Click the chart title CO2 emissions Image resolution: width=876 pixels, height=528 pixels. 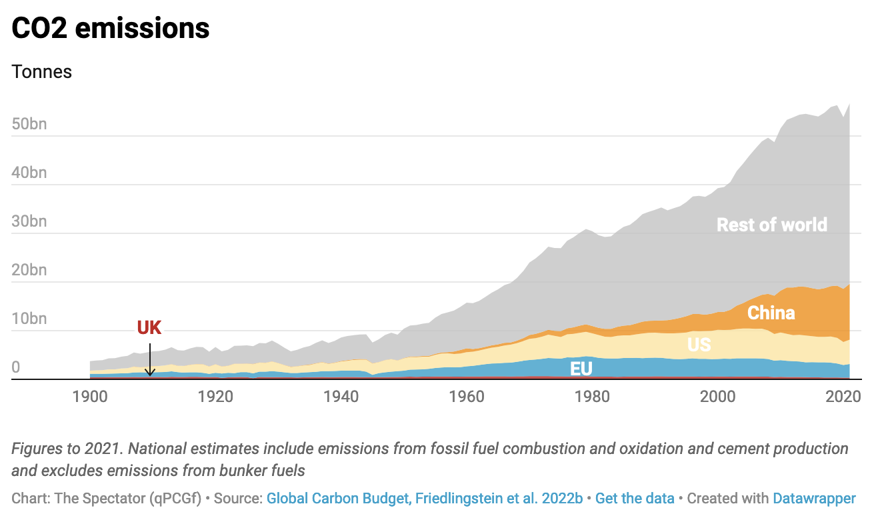pos(111,28)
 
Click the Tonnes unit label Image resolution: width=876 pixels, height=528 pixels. pos(42,72)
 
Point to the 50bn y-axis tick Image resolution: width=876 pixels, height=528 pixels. pos(29,124)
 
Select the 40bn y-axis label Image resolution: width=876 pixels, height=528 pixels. pos(29,173)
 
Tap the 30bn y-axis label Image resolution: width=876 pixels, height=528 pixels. pos(29,221)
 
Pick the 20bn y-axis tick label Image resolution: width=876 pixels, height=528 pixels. pos(29,270)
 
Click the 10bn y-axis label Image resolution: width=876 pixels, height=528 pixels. pos(29,319)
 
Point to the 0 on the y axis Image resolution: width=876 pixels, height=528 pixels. pos(16,367)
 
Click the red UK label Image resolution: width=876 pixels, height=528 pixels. pos(149,327)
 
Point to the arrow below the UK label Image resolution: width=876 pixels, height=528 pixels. pos(150,360)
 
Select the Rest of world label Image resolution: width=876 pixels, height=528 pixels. pos(771,225)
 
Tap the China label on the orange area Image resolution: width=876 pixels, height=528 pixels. pos(771,313)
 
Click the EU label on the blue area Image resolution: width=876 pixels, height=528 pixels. pos(581,369)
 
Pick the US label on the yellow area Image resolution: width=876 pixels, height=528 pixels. pos(699,344)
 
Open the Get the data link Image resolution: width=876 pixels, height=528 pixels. pos(635,499)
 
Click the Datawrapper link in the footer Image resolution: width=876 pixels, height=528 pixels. pos(814,499)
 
